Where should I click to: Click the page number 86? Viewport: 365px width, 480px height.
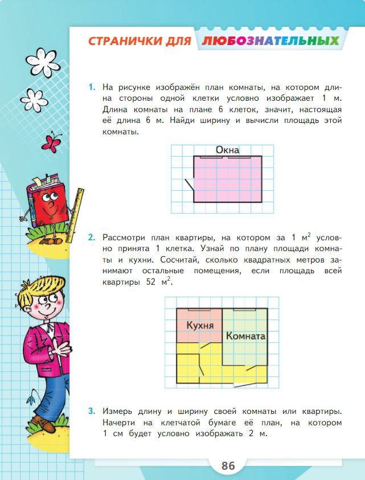228,465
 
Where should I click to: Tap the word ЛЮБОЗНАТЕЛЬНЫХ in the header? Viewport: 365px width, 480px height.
270,41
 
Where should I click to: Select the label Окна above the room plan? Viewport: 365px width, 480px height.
227,150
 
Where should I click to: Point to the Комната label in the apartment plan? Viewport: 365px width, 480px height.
245,336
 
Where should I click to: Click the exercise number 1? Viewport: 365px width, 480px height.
91,88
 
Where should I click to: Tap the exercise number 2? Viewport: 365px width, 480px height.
91,237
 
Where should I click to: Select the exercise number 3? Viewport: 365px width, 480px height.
91,411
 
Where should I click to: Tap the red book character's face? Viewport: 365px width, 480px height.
49,202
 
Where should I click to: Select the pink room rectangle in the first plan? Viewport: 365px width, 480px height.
228,179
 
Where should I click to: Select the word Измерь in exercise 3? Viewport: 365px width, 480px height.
118,411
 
